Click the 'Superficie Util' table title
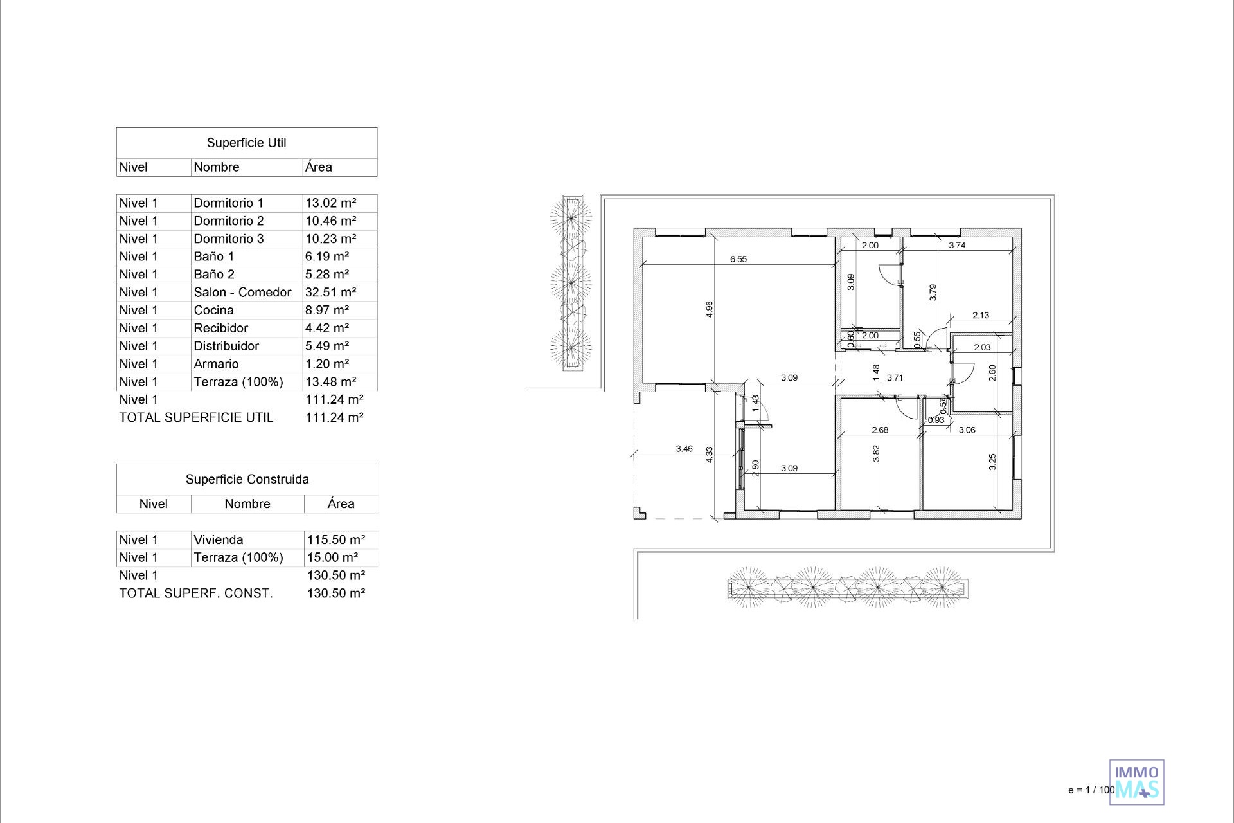[x=246, y=143]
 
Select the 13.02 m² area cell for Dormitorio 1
[x=331, y=203]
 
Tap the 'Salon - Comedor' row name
[x=242, y=293]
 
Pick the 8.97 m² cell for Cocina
[x=327, y=311]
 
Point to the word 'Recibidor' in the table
[x=220, y=328]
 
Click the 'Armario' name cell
[x=216, y=364]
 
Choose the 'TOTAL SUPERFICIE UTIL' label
[x=196, y=418]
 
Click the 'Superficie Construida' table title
[x=247, y=479]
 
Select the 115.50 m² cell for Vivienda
[x=336, y=540]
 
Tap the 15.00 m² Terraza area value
[x=333, y=558]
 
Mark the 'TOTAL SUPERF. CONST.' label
[x=196, y=593]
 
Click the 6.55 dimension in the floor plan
[x=738, y=259]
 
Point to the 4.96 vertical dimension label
[x=709, y=309]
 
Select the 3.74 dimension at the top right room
[x=957, y=245]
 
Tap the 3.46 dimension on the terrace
[x=684, y=449]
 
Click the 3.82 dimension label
[x=876, y=454]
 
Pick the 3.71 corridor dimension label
[x=895, y=378]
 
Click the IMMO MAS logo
[x=1137, y=782]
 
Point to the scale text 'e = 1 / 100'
[x=1091, y=790]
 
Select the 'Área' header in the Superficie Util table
[x=319, y=167]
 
